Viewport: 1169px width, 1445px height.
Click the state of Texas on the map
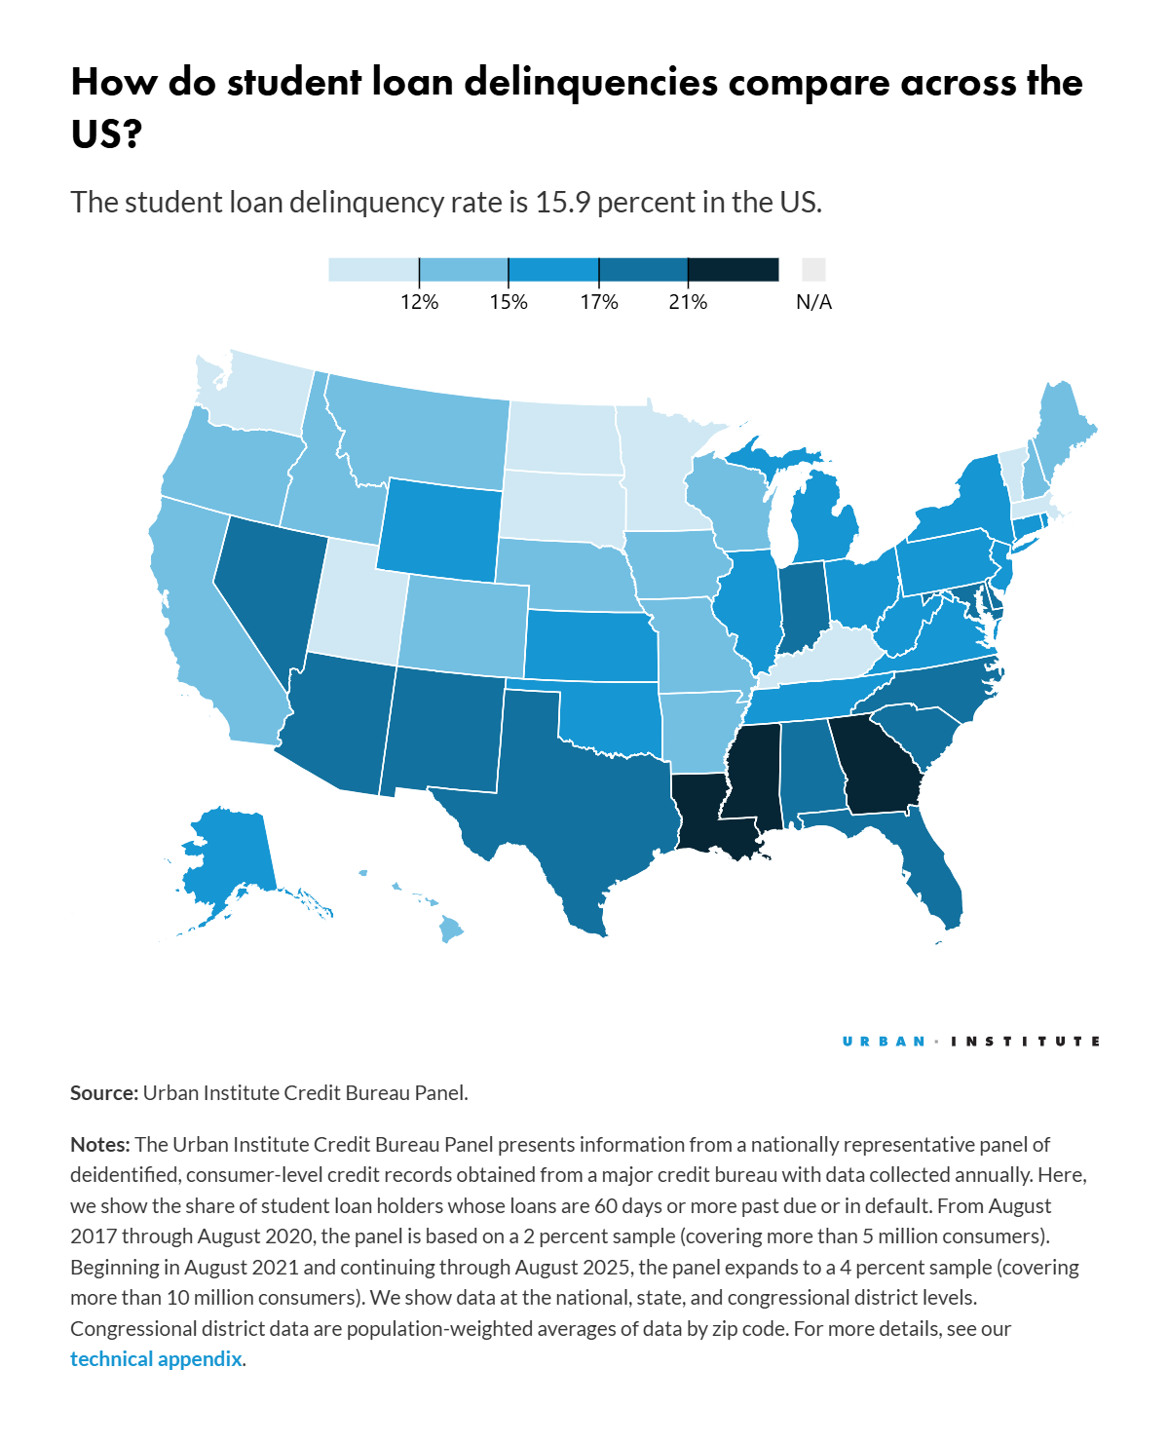(x=575, y=799)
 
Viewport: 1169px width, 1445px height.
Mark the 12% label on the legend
(x=419, y=302)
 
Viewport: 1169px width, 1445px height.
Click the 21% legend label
(x=688, y=302)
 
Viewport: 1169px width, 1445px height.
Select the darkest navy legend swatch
(x=733, y=269)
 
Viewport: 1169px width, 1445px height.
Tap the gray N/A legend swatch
(x=813, y=269)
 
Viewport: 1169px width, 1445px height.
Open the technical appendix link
(x=156, y=1359)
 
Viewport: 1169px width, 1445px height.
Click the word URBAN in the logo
(x=884, y=1042)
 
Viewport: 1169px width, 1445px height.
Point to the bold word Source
(x=103, y=1093)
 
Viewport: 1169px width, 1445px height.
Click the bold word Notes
(x=99, y=1144)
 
